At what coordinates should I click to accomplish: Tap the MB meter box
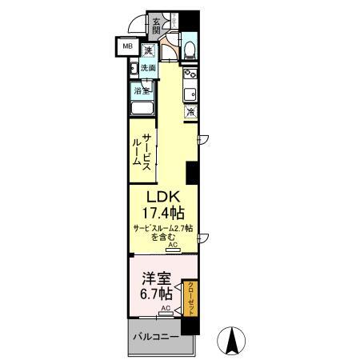tap(127, 47)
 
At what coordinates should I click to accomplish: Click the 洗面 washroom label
tap(149, 69)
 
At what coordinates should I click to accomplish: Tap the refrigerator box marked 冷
tap(190, 112)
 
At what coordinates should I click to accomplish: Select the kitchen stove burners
tap(191, 78)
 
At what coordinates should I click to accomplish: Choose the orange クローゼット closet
tap(191, 298)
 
